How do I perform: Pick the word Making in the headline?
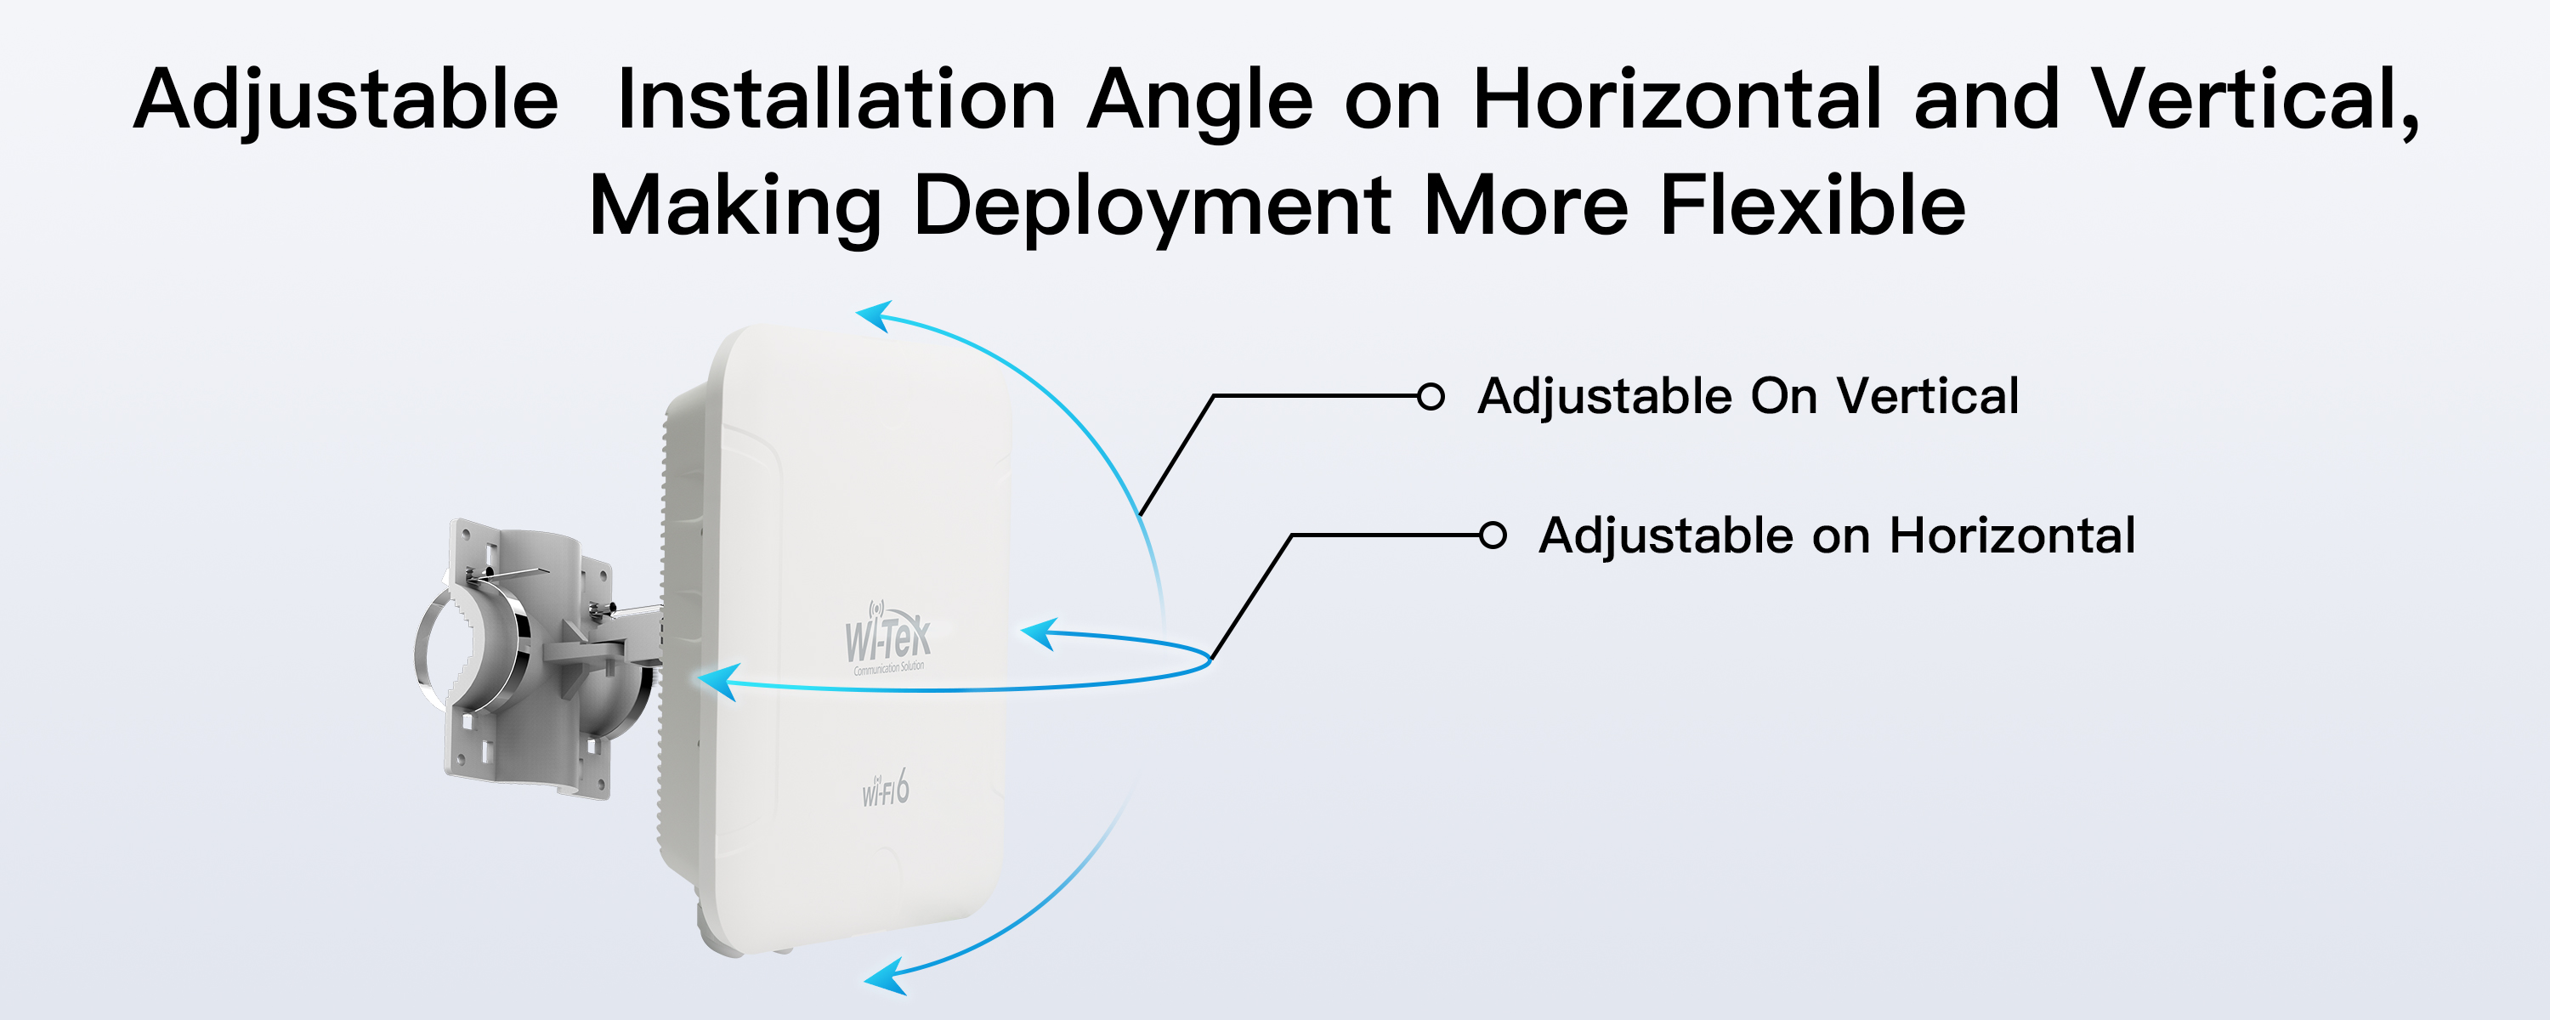pos(734,207)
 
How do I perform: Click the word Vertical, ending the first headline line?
pos(2255,100)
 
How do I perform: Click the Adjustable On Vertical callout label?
pos(1748,396)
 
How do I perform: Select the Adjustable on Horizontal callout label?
pos(1837,535)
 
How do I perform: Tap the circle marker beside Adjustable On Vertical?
pos(1431,396)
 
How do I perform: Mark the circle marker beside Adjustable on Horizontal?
pos(1493,535)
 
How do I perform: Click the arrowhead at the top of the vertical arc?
pos(875,316)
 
